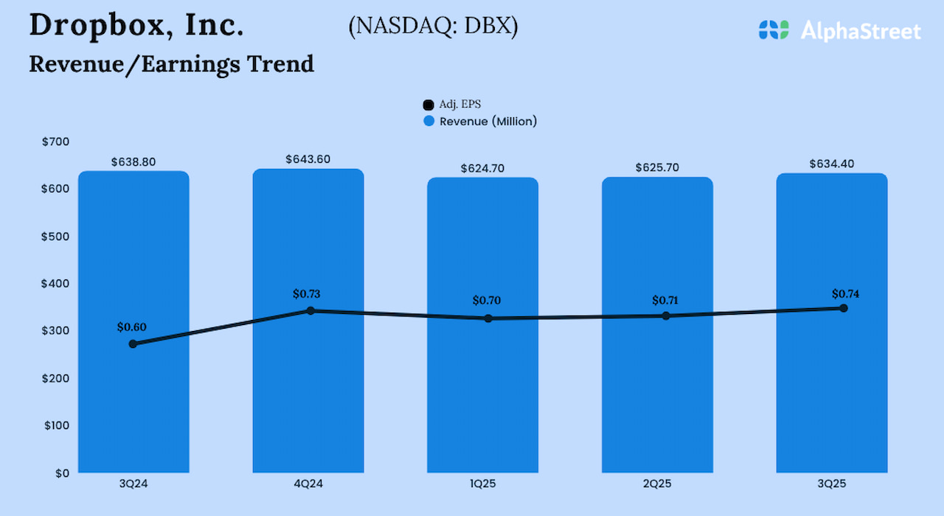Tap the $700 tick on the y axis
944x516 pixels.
tap(57, 142)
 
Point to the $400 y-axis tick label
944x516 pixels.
tap(57, 284)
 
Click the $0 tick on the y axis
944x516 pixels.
tap(62, 473)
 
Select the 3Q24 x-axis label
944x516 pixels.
tap(133, 484)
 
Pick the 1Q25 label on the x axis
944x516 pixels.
tap(482, 484)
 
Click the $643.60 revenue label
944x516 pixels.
tap(308, 159)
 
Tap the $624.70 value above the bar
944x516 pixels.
tap(482, 168)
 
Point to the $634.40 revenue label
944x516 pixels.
tap(831, 164)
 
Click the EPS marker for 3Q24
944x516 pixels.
tap(133, 344)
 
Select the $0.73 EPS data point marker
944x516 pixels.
tap(310, 311)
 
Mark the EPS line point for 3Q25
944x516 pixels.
tap(844, 308)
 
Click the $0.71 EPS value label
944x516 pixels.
tap(666, 301)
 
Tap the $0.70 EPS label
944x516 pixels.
tap(487, 301)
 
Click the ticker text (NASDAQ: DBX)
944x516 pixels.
tap(433, 27)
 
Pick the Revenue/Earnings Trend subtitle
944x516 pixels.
tap(172, 64)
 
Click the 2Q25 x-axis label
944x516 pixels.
tap(657, 484)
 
